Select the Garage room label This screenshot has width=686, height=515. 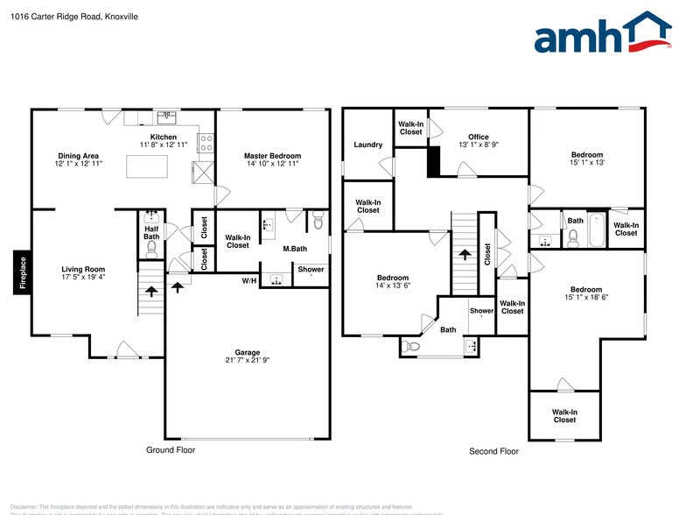pos(248,352)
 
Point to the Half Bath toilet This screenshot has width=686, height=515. pos(151,248)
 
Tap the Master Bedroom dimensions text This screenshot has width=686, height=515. pos(272,164)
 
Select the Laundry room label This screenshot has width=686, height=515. pos(367,145)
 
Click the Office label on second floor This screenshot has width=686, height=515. pos(479,137)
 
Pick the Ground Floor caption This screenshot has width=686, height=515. pos(170,449)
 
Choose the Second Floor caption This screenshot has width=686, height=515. pos(494,451)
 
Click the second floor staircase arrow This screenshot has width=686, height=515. pos(465,255)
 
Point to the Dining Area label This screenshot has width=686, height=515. pos(79,156)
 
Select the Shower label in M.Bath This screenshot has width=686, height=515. pos(311,269)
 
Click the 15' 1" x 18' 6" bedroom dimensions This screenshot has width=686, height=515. pos(586,299)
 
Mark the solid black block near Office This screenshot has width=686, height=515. pos(432,162)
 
